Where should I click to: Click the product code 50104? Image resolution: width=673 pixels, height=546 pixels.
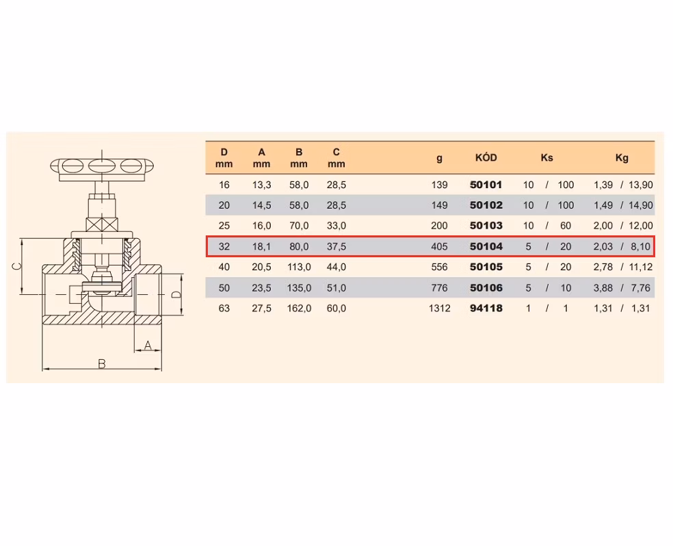pos(486,246)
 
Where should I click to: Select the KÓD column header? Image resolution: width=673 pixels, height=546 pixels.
pos(486,157)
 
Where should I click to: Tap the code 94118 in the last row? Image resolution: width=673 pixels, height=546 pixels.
pos(486,308)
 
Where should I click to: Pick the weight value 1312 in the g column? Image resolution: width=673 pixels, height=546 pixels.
pos(440,308)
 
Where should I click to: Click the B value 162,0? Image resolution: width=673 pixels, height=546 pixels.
pos(299,308)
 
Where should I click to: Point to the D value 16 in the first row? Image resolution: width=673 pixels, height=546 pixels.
pos(224,185)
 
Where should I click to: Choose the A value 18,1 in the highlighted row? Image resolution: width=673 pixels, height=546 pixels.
pos(261,246)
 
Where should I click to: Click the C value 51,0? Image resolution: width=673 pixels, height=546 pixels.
pos(336,287)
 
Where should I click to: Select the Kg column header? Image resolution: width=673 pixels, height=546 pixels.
pos(622,157)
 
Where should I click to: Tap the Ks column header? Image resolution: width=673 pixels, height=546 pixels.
pos(547,157)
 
